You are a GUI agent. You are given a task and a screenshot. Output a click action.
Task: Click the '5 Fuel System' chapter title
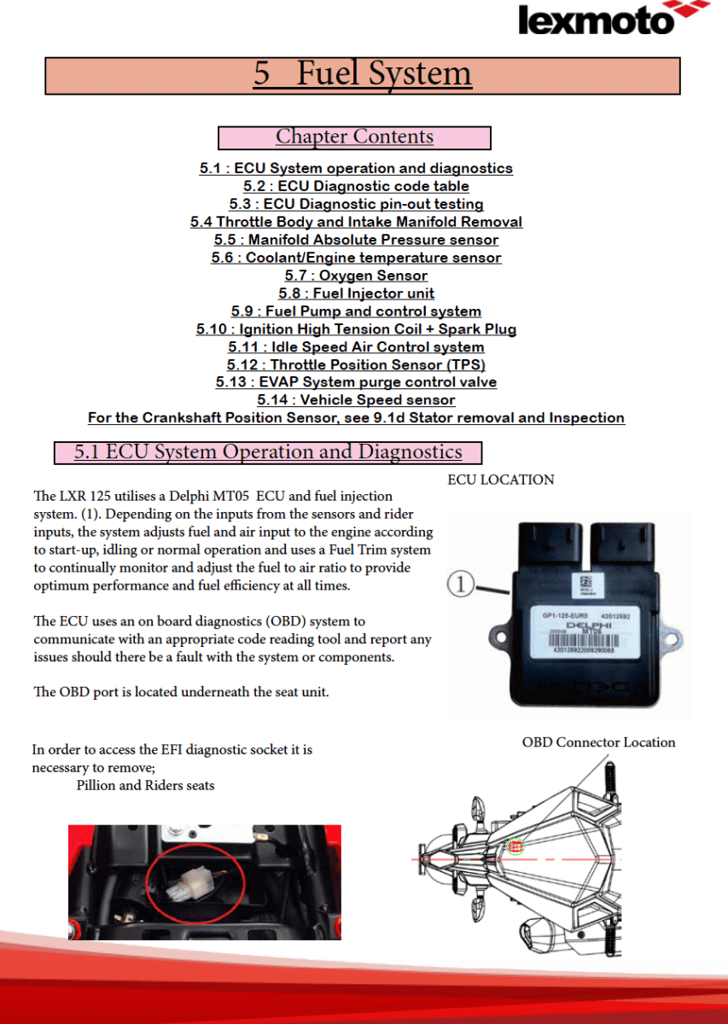(x=363, y=74)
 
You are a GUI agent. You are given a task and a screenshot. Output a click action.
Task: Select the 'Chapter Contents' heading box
(x=354, y=137)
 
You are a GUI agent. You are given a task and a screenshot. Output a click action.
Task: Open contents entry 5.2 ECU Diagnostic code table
(x=356, y=186)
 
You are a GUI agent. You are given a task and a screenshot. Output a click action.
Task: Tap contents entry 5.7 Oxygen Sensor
(x=356, y=276)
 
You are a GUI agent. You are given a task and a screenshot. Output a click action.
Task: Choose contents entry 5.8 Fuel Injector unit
(x=356, y=294)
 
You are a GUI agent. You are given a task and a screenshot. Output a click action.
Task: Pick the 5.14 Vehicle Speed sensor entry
(x=356, y=400)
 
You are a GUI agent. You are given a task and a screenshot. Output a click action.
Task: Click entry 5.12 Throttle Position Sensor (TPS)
(x=356, y=365)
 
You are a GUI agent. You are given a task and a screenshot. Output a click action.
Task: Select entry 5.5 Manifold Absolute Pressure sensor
(x=356, y=240)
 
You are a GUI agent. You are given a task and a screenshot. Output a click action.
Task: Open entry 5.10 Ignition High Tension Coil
(x=356, y=329)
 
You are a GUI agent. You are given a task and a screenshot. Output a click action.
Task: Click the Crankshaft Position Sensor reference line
(x=356, y=418)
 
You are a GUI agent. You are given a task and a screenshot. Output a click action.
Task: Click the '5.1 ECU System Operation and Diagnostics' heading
(x=268, y=452)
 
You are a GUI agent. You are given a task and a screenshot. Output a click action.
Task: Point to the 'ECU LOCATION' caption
(x=500, y=480)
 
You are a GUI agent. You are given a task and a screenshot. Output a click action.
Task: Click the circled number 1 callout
(x=460, y=585)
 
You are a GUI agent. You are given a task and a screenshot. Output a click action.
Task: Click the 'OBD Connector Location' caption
(x=598, y=742)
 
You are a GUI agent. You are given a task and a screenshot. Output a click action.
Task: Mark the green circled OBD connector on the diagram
(x=515, y=847)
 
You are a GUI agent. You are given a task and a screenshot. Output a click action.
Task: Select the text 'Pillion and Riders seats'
(x=145, y=785)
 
